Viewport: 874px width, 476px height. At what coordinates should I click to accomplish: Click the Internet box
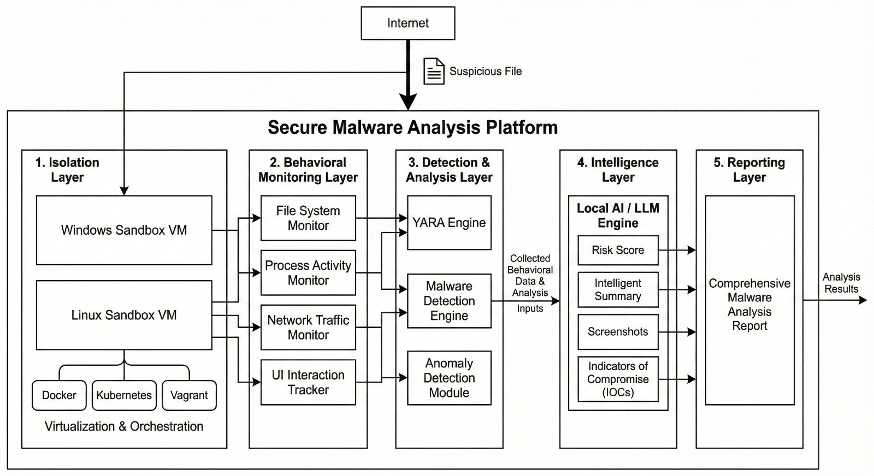408,23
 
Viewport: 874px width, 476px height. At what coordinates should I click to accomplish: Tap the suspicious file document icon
434,71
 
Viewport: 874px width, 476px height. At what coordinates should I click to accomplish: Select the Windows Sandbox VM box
124,230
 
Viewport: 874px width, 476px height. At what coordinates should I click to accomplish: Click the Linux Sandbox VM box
124,315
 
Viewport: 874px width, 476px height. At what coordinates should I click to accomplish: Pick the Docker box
59,395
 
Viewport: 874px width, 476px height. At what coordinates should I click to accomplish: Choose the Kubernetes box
124,395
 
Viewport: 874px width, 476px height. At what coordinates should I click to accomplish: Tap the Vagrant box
189,395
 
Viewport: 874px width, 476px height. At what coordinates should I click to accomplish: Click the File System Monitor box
308,218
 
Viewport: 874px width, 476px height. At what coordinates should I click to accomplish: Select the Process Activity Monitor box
308,272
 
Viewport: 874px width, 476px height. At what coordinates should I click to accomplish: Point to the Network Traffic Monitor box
308,327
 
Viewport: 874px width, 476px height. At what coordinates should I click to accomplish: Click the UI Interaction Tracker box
308,382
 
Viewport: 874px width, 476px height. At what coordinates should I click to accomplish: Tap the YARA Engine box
449,223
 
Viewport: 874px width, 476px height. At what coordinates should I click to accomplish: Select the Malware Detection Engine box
449,301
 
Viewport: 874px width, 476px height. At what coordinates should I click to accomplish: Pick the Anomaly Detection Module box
449,378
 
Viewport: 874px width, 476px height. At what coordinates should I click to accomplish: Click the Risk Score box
618,250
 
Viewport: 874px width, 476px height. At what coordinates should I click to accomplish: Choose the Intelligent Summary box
618,289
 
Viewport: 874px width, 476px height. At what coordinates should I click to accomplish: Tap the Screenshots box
618,331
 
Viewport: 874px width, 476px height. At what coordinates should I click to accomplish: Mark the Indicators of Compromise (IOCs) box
618,379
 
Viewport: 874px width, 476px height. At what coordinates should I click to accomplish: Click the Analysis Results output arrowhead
863,300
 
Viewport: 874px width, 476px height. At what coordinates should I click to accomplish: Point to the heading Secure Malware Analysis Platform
412,128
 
